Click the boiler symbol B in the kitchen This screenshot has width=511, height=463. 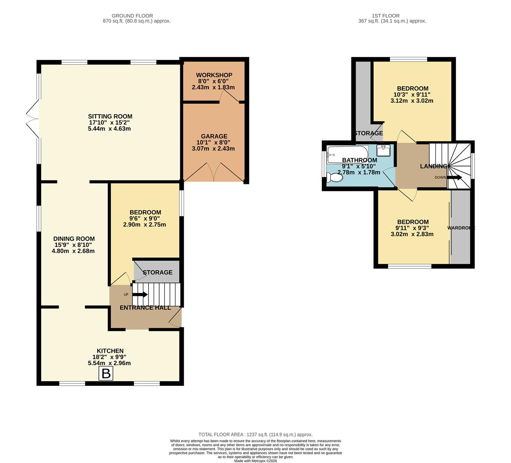(105, 373)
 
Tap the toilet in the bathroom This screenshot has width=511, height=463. (335, 177)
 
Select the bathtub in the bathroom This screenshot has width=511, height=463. (347, 153)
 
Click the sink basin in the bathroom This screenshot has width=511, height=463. (383, 150)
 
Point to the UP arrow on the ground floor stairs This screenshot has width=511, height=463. (140, 295)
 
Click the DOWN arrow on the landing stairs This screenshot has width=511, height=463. (455, 177)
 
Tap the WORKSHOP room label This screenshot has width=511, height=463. (214, 75)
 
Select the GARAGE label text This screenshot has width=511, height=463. (214, 136)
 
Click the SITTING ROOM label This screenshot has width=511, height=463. (110, 116)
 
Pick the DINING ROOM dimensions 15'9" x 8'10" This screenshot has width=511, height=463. (73, 245)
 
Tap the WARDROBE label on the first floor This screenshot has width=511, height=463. (461, 228)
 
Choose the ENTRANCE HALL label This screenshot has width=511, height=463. (145, 308)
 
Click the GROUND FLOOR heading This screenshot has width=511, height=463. (132, 16)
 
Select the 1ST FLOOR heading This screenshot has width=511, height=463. (392, 16)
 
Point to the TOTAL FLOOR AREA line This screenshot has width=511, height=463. (255, 434)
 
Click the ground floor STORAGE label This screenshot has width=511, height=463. (157, 273)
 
